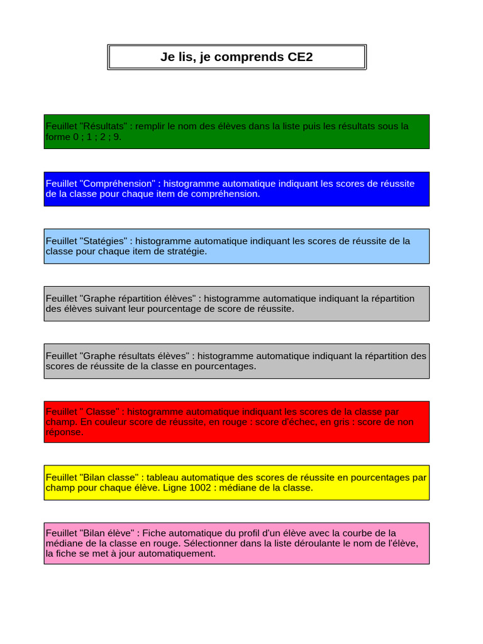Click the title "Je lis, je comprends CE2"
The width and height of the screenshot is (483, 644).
[236, 57]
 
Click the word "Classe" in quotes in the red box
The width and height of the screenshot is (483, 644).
[101, 411]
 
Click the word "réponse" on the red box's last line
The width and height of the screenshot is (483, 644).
[64, 432]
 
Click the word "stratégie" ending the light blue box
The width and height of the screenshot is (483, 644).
[184, 251]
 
